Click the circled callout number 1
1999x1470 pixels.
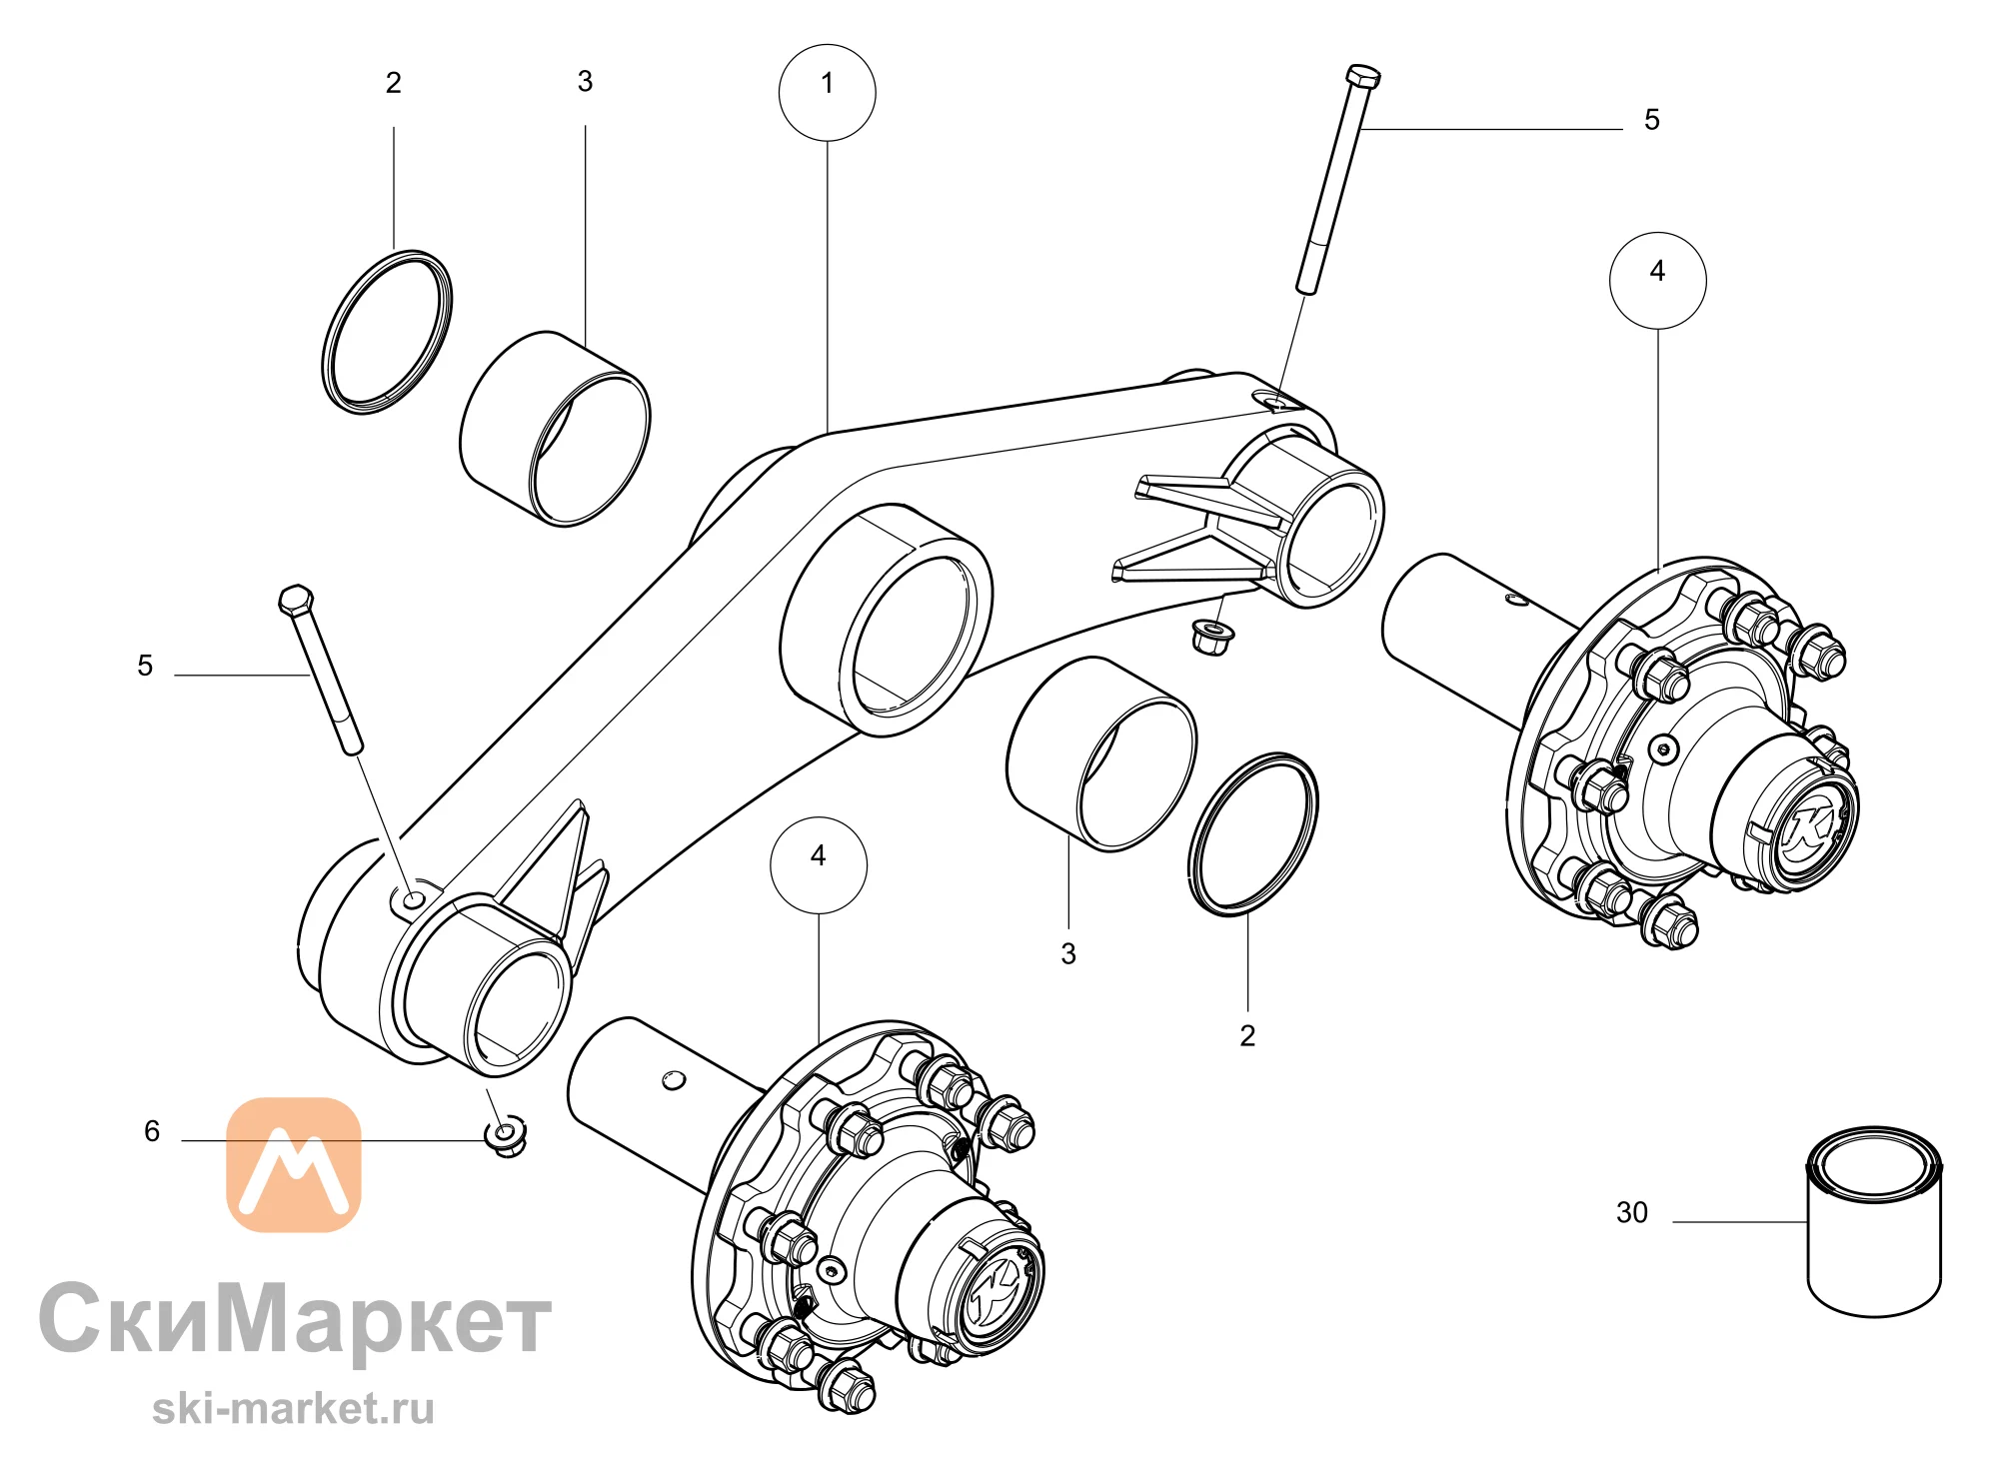point(827,92)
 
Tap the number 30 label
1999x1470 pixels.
point(1631,1212)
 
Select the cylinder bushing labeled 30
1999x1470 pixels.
point(1874,1222)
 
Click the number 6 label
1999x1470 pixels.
point(152,1130)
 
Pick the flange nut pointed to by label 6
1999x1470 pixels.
point(506,1136)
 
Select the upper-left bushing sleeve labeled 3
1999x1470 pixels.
point(555,428)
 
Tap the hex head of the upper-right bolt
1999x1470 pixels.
point(1363,77)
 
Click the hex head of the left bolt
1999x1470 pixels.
point(296,601)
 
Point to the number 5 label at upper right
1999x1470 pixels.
point(1652,120)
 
